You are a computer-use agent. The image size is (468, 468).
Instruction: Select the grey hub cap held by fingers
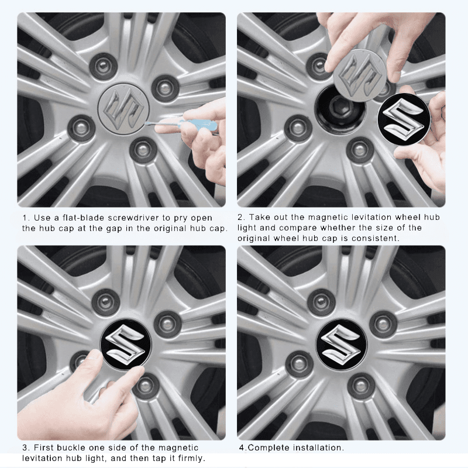[x=358, y=75]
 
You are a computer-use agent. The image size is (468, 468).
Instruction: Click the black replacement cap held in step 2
[x=404, y=119]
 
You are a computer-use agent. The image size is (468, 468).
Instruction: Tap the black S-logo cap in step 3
[x=126, y=345]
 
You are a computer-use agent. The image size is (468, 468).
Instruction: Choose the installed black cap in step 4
[x=341, y=344]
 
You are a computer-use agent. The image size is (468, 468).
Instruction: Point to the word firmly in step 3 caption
[x=191, y=458]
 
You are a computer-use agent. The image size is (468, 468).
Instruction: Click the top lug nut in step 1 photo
[x=104, y=66]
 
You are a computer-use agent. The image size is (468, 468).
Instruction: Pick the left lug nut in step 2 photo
[x=298, y=128]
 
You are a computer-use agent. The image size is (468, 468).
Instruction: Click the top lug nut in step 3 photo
[x=106, y=302]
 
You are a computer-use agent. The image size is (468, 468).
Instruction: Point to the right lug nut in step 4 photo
[x=383, y=325]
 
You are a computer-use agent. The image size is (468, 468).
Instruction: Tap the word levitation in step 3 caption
[x=42, y=458]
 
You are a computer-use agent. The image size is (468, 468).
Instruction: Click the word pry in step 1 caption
[x=181, y=218]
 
